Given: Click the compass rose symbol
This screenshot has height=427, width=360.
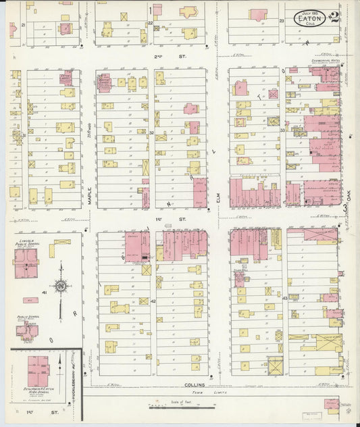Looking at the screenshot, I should point(61,286).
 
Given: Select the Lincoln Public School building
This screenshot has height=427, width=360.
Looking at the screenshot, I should point(26,263).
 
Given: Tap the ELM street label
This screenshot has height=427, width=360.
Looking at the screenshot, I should point(219,197).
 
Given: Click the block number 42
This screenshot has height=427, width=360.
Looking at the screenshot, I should point(153,301).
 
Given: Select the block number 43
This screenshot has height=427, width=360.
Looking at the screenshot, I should point(284,297).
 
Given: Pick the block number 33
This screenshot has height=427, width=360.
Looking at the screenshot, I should point(283,130).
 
